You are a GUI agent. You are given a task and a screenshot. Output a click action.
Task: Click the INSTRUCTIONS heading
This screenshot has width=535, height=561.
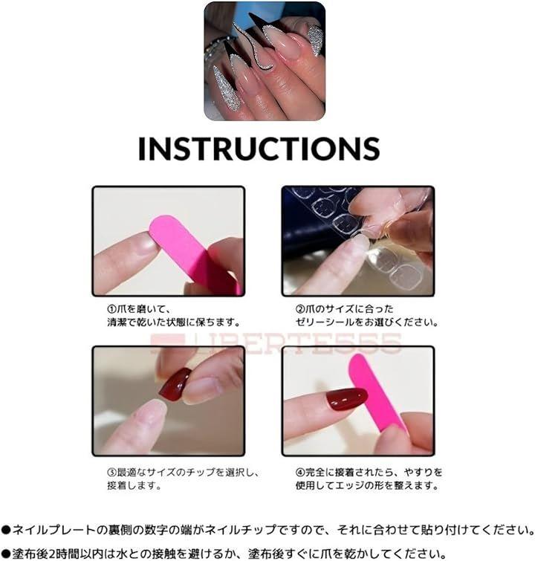tap(259, 148)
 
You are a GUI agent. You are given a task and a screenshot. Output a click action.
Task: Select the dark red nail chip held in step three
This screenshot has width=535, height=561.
tap(175, 385)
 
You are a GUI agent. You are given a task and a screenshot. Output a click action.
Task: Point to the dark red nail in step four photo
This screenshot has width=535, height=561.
tap(346, 398)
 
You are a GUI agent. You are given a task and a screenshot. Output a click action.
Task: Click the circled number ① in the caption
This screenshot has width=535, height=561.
tap(111, 309)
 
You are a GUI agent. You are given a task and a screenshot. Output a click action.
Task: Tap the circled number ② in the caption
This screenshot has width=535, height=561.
tap(300, 309)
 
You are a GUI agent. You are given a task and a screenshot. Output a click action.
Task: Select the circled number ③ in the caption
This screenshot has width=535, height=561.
tap(111, 473)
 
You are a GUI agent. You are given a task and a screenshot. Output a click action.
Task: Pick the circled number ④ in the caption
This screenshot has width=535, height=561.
tap(300, 473)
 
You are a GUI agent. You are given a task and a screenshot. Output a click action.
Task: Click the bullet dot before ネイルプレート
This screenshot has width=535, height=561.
tap(6, 530)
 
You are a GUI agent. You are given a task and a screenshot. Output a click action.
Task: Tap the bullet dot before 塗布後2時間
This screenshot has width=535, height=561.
tap(6, 554)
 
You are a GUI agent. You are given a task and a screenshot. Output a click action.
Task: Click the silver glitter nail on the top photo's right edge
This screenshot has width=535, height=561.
tap(316, 39)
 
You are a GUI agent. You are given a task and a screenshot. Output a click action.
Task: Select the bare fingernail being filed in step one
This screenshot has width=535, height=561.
tap(146, 244)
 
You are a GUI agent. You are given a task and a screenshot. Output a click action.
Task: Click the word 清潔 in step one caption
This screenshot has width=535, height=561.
tap(117, 322)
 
